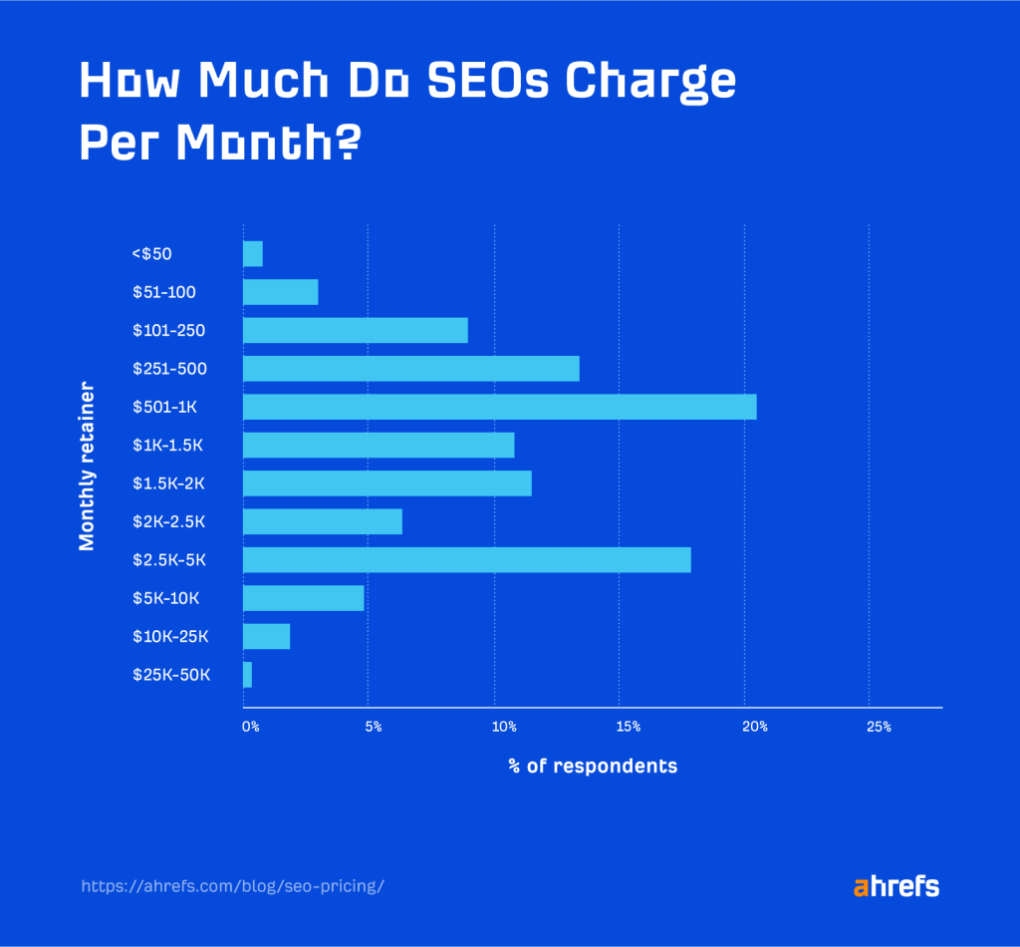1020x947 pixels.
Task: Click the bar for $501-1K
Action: pos(499,407)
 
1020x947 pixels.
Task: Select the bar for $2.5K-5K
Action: pos(466,559)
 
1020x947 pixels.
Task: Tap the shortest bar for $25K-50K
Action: pos(247,675)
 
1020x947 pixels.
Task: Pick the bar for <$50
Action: pos(253,254)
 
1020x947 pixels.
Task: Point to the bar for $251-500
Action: pos(410,369)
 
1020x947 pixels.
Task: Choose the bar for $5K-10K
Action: pos(303,598)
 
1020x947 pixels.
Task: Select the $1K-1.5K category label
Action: pos(167,446)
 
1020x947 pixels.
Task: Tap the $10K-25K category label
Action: pos(169,636)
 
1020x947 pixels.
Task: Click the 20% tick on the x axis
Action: pos(754,727)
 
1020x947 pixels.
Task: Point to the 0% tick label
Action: pos(251,727)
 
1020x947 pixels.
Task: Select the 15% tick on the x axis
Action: pos(628,727)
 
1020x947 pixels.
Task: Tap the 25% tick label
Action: pos(879,727)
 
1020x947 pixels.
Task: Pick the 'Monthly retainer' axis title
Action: pos(87,465)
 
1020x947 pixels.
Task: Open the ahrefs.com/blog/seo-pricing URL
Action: pos(230,885)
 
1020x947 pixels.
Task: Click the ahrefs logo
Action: pos(895,886)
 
